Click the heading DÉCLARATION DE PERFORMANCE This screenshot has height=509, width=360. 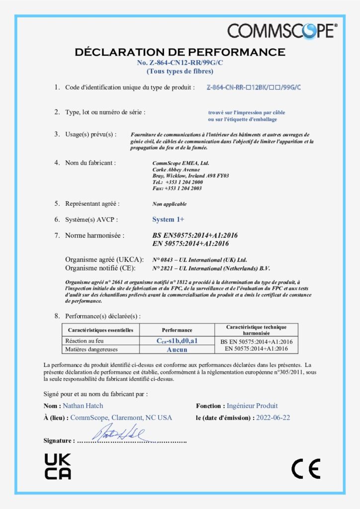click(x=180, y=52)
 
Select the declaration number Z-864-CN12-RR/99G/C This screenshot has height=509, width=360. click(x=180, y=63)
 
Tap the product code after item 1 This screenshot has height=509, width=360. click(x=254, y=87)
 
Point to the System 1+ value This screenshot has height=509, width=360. click(x=168, y=219)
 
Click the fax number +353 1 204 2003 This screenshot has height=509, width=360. click(x=177, y=188)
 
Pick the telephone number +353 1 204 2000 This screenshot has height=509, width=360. click(x=178, y=182)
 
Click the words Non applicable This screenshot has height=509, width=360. click(x=170, y=204)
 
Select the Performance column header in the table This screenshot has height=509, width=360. click(x=177, y=330)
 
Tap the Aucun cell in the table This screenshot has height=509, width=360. click(x=177, y=349)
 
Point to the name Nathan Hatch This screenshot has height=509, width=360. click(x=83, y=406)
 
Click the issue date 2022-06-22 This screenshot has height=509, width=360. click(x=273, y=418)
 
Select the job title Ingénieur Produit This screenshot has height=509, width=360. click(x=252, y=406)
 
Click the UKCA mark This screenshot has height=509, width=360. click(x=58, y=466)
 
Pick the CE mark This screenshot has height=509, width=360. click(x=306, y=468)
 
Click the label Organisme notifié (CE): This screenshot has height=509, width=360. click(x=104, y=268)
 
